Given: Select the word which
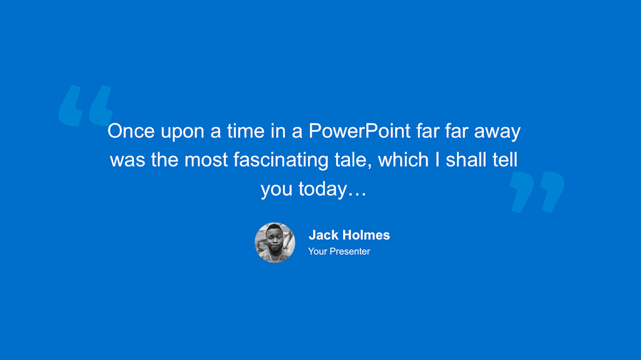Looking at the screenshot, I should click(403, 160).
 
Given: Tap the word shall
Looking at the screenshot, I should click(470, 160).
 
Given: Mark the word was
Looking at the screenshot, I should click(128, 161).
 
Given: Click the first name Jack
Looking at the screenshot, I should click(324, 235).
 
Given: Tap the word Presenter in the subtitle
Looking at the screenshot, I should click(350, 252).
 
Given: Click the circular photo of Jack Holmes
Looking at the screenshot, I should click(275, 242).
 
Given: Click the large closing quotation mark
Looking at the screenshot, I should click(537, 192).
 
